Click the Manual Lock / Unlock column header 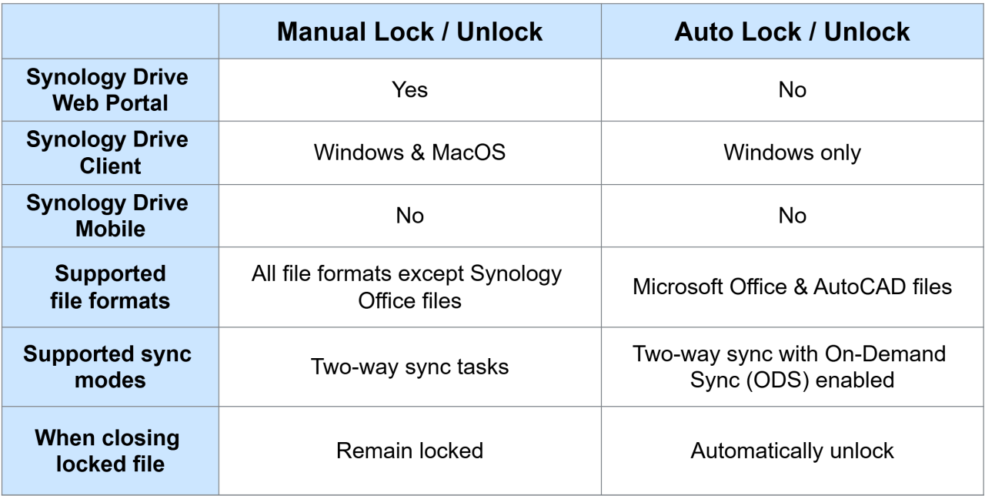(x=410, y=32)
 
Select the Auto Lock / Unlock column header (x=792, y=32)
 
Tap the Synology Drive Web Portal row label (x=108, y=90)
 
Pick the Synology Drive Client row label (x=108, y=152)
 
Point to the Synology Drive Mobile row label (x=108, y=216)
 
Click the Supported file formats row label (x=110, y=287)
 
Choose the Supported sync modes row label (x=108, y=367)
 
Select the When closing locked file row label (x=108, y=451)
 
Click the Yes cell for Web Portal (x=410, y=90)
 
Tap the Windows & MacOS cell (x=410, y=152)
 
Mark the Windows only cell (x=792, y=152)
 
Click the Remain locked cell (x=410, y=451)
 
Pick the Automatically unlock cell (x=792, y=451)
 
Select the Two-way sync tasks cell (x=410, y=367)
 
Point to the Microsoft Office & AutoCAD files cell (x=792, y=287)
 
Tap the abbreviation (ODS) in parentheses (x=777, y=380)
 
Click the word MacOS (x=469, y=152)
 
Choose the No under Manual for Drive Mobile (x=410, y=216)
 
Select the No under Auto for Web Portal (x=792, y=90)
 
